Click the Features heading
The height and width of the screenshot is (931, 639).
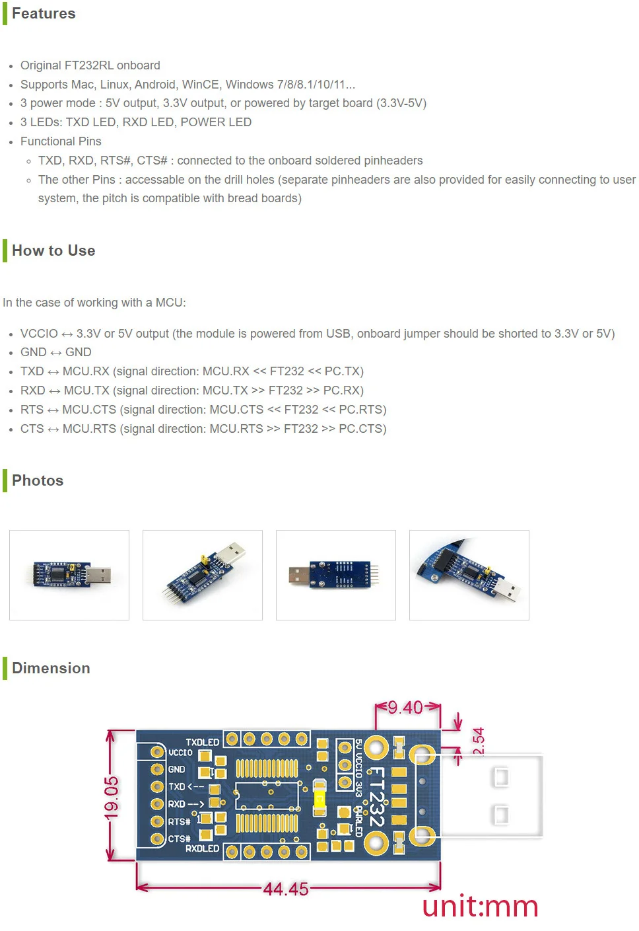tap(44, 14)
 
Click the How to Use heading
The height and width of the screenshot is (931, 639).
tap(53, 251)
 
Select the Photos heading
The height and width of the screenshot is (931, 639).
tap(38, 481)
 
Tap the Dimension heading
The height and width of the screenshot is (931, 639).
tap(51, 669)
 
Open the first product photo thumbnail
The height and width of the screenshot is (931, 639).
tap(69, 575)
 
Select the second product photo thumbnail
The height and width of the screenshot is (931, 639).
tap(203, 575)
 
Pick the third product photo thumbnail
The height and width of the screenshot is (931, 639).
tap(336, 575)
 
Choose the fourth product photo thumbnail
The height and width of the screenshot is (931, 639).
tap(469, 575)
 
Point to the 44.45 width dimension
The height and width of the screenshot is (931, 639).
tap(286, 889)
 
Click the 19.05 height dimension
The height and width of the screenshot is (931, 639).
tap(112, 797)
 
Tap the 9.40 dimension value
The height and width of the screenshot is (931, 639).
tap(405, 708)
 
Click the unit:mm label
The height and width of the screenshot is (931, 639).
tap(480, 907)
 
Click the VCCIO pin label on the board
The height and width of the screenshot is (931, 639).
tap(180, 753)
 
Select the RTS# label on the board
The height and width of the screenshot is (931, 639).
tap(179, 822)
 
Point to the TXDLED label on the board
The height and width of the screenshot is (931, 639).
tap(202, 743)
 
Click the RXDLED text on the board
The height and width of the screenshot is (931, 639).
tap(202, 848)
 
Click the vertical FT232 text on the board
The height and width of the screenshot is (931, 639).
tap(376, 797)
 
